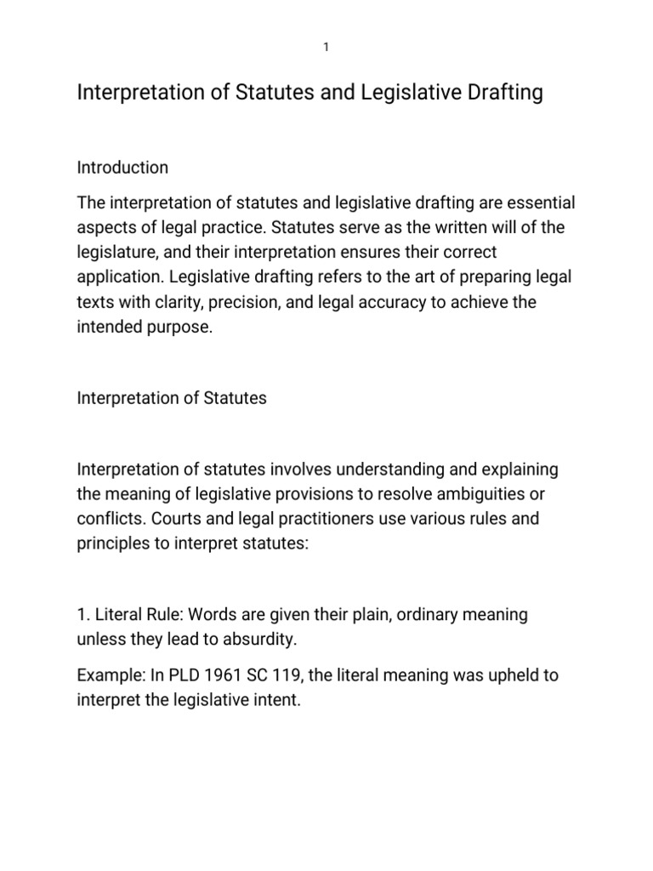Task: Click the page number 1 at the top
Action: click(326, 48)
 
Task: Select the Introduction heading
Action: click(122, 168)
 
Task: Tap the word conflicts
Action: click(106, 519)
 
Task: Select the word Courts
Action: click(171, 519)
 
